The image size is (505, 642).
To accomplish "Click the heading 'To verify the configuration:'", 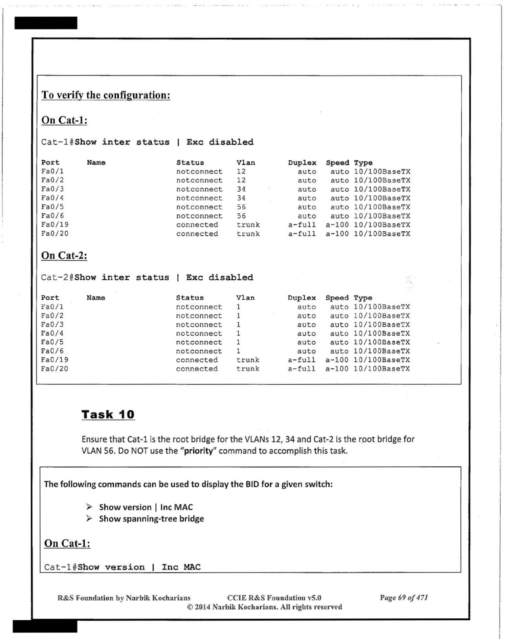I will point(106,95).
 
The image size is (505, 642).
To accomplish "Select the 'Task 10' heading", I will point(108,414).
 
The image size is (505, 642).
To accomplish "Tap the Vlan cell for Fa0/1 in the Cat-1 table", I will point(241,172).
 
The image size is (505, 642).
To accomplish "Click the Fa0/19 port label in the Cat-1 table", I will point(55,224).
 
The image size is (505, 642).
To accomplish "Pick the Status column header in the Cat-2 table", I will point(190,298).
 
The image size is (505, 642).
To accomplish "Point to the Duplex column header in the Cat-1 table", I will point(302,163).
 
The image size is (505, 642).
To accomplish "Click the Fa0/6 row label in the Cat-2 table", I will point(52,351).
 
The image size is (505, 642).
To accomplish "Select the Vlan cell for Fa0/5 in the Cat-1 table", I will point(241,207).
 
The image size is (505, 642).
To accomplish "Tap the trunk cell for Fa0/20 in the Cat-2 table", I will point(248,369).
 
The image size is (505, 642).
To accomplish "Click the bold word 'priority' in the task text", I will point(198,451).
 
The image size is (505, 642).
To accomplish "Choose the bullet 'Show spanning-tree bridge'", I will point(151,519).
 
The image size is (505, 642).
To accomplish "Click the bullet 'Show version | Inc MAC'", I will point(146,507).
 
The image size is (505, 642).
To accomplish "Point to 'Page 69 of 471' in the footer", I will point(404,598).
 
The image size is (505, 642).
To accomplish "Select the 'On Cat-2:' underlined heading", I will point(64,255).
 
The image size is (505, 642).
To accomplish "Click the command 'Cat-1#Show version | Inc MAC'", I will point(122,567).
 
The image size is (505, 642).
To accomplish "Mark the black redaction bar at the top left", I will point(46,23).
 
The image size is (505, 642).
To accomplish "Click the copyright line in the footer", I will point(264,607).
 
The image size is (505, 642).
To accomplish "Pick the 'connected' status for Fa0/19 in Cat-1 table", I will point(197,225).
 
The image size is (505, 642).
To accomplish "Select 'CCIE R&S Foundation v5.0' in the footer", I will point(274,598).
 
